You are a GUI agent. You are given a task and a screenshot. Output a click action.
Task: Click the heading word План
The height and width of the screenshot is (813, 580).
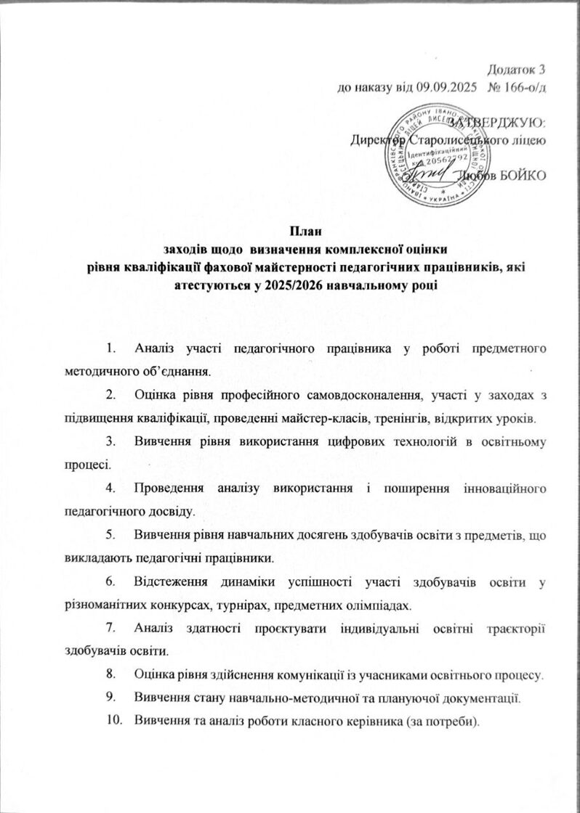click(290, 232)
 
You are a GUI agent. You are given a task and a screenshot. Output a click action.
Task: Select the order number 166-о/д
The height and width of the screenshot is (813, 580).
click(520, 87)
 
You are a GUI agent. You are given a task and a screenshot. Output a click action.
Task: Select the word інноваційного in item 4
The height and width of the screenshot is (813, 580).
click(498, 489)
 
